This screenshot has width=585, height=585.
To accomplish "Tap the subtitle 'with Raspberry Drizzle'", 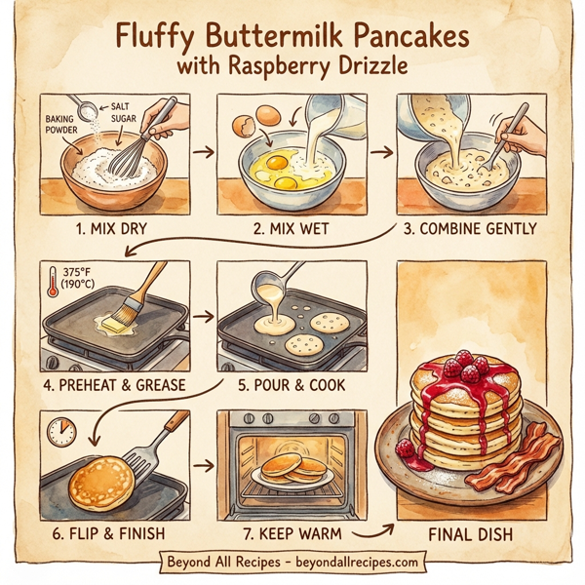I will click(x=292, y=69).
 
